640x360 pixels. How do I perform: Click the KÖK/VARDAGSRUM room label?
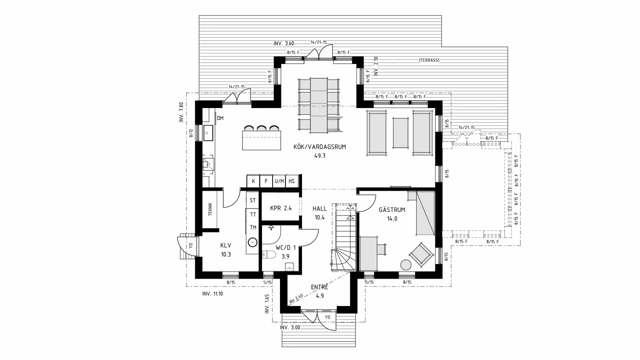click(319, 147)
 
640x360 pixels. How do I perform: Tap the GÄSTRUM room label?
click(392, 210)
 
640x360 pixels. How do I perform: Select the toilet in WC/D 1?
click(269, 255)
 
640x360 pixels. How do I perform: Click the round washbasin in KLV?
click(253, 242)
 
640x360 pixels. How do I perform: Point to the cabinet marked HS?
click(292, 181)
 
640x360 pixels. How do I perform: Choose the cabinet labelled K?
click(253, 181)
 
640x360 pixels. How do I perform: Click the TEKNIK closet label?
click(210, 209)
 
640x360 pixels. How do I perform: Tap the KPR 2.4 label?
click(281, 208)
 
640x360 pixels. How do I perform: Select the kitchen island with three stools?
click(262, 140)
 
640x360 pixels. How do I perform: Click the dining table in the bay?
click(319, 105)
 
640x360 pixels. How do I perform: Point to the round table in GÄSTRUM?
click(406, 265)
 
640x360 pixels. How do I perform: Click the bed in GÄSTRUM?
click(425, 213)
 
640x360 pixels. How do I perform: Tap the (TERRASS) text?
click(429, 60)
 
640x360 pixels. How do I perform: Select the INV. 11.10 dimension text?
click(212, 294)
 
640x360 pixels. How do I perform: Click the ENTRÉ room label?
click(319, 287)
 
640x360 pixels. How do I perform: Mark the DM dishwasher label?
click(220, 118)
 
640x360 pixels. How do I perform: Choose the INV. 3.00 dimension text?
click(290, 328)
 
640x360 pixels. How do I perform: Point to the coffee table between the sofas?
click(400, 133)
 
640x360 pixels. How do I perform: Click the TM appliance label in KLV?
click(253, 228)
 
